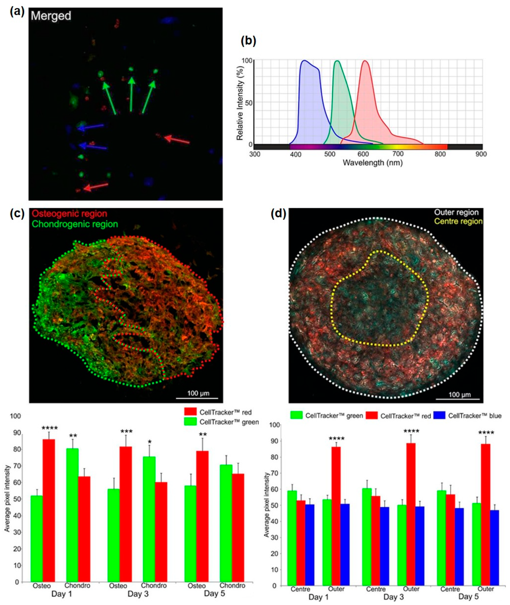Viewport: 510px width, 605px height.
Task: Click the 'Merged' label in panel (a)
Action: pyautogui.click(x=51, y=16)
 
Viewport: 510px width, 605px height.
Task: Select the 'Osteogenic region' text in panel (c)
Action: pyautogui.click(x=69, y=214)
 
